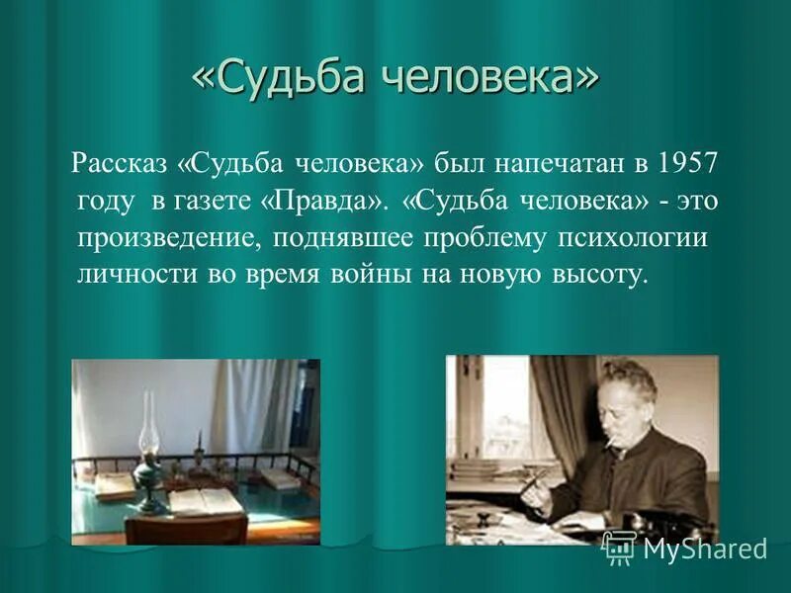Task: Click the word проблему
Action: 474,239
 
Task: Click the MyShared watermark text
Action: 705,550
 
